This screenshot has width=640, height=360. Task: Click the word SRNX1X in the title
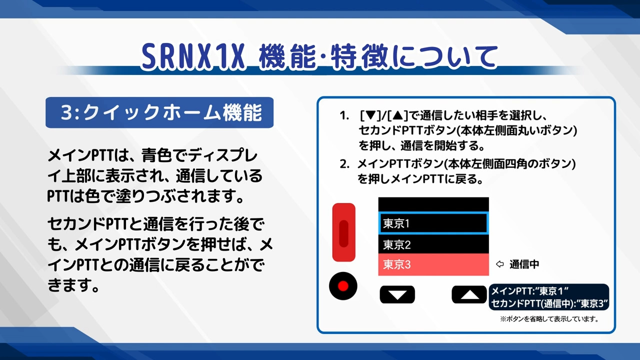point(193,56)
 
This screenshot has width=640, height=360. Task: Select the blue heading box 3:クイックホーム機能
point(159,112)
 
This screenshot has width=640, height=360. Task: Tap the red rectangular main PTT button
point(343,232)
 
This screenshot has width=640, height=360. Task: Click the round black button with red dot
point(343,286)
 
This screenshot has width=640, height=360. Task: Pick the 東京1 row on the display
point(433,223)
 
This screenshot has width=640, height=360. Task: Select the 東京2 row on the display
point(433,244)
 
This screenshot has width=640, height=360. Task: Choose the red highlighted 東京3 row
point(433,264)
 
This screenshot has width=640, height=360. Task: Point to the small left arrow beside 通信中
point(499,264)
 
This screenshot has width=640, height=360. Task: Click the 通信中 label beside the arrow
point(524,264)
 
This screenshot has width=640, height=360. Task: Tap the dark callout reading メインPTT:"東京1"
point(549,297)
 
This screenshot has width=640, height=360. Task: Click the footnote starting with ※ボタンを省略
point(549,319)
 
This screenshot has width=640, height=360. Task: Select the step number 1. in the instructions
point(344,115)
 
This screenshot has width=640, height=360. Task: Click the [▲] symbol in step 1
point(397,115)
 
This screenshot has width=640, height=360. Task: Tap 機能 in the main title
point(287,56)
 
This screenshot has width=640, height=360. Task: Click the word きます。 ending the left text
point(73,285)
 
